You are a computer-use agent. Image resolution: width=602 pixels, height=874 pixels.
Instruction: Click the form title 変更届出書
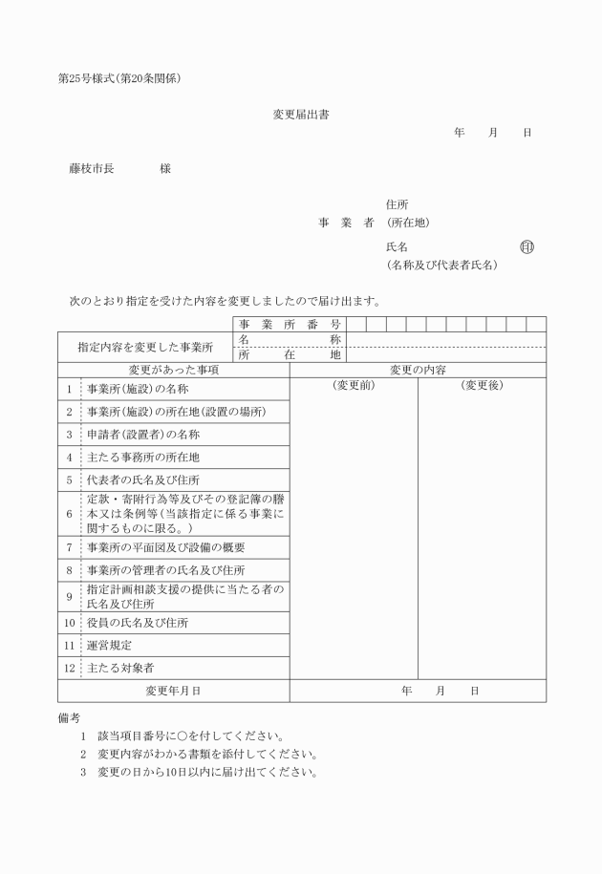[302, 115]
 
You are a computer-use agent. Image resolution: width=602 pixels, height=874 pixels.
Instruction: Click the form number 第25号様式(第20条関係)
[119, 78]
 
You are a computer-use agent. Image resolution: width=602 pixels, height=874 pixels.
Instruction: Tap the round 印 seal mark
[527, 246]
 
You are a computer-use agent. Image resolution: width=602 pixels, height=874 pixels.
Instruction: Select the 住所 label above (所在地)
[398, 204]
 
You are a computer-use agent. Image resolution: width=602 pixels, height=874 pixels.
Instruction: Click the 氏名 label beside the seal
[398, 247]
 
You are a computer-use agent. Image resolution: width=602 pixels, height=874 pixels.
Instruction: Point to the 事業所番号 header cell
[290, 325]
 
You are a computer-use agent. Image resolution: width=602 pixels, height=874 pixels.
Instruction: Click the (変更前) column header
[354, 385]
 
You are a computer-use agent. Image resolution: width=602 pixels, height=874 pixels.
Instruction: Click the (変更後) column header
[482, 385]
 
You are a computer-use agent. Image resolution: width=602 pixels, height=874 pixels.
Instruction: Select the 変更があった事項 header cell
[174, 370]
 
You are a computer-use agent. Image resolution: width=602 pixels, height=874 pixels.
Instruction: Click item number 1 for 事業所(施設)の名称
[69, 389]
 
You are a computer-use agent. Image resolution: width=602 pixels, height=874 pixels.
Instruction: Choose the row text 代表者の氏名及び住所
[143, 480]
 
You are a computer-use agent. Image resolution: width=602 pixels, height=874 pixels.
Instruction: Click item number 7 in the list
[69, 547]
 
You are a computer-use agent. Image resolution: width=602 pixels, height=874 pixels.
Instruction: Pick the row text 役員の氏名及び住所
[138, 623]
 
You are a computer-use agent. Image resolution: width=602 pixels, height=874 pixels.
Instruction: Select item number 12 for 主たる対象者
[69, 669]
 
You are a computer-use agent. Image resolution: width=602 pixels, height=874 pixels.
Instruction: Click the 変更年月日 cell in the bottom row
[173, 691]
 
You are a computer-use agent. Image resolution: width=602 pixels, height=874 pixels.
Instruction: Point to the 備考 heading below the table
[69, 716]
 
